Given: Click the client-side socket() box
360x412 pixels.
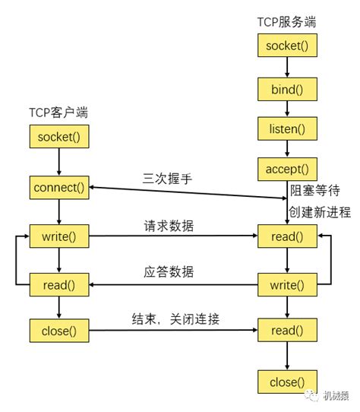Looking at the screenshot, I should pyautogui.click(x=59, y=138).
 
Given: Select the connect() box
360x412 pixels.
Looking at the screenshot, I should pyautogui.click(x=59, y=187).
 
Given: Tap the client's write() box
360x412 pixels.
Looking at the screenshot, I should pyautogui.click(x=59, y=236).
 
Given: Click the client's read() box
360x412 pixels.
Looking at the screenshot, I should pyautogui.click(x=59, y=284).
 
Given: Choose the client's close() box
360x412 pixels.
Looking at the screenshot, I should pyautogui.click(x=59, y=331).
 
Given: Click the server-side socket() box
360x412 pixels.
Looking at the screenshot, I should pyautogui.click(x=288, y=46).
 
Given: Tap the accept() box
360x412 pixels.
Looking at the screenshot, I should pyautogui.click(x=288, y=168).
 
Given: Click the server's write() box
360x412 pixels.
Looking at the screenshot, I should pyautogui.click(x=288, y=286).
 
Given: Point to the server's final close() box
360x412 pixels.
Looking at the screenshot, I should pyautogui.click(x=288, y=381).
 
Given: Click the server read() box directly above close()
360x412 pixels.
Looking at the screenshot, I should pyautogui.click(x=288, y=331).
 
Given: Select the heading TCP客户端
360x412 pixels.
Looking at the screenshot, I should pyautogui.click(x=58, y=113).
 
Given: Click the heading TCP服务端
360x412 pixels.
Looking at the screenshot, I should pyautogui.click(x=286, y=21).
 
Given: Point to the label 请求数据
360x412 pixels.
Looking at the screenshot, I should pyautogui.click(x=169, y=226).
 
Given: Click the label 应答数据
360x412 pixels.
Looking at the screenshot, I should pyautogui.click(x=169, y=271).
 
